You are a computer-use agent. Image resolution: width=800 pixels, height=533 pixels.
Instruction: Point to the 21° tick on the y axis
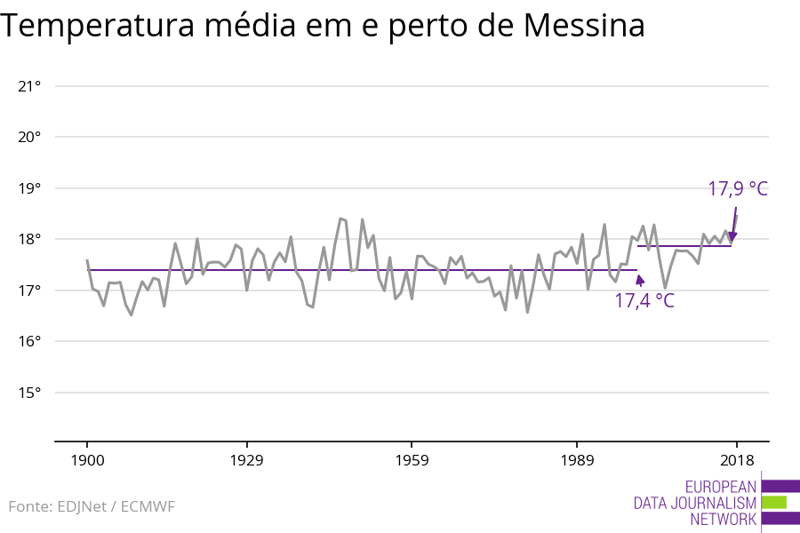(30, 86)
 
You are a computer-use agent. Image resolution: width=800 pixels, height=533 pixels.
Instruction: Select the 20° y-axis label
(30, 137)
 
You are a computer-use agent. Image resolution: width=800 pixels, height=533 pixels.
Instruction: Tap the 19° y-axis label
(30, 188)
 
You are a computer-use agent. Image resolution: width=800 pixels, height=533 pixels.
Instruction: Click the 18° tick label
(30, 239)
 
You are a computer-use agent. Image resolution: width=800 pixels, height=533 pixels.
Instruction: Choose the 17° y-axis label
(30, 290)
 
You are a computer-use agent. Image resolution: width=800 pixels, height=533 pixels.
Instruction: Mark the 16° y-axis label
(30, 342)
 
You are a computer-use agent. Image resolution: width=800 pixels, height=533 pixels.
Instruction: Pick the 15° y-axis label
(30, 393)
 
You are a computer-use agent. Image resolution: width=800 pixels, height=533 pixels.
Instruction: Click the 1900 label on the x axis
(87, 460)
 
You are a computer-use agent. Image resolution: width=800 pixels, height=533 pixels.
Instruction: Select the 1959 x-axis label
(412, 460)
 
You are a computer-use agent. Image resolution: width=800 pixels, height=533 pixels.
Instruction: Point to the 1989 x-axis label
(577, 460)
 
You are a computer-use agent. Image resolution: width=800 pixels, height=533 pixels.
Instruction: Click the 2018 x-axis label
(736, 460)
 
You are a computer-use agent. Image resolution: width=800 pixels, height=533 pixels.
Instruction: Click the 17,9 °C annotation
(737, 189)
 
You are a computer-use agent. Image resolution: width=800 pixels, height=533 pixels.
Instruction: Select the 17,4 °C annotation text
(644, 301)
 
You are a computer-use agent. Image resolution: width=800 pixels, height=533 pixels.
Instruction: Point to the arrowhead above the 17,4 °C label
(639, 280)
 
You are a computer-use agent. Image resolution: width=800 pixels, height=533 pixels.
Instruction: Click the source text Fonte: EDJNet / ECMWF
(92, 506)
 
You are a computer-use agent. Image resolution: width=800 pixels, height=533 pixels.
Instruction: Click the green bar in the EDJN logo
(773, 502)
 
